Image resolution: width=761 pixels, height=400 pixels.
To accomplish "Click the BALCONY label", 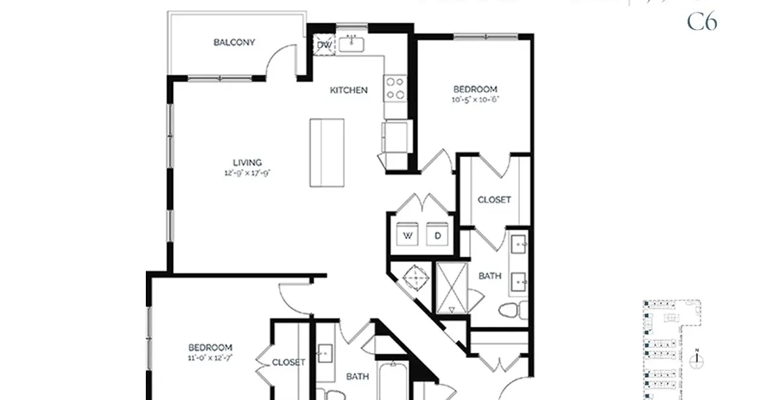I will pos(234,43).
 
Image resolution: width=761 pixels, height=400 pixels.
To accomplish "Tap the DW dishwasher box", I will pos(323,46).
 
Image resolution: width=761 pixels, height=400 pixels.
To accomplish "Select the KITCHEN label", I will pos(348,90).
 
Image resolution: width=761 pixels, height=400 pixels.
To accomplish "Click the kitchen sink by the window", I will pos(350,44).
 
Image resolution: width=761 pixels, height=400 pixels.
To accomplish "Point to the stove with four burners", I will pos(395,88).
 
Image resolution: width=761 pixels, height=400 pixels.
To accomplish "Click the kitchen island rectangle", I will pos(327,152).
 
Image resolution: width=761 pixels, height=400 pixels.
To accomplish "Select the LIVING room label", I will pos(247,163).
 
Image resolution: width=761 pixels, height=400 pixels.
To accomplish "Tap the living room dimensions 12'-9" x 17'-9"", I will pos(247,172).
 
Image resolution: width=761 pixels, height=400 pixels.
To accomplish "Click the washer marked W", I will pos(407,234).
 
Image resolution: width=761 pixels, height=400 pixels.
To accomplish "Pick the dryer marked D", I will pos(438,234).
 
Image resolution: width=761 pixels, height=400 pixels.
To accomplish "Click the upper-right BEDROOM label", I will pos(474,90).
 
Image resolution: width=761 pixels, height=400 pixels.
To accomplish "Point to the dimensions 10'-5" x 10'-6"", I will pos(474,100).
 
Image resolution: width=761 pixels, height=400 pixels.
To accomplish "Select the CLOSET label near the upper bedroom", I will pos(494,199).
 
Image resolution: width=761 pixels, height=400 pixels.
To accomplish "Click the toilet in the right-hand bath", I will pos(511,311).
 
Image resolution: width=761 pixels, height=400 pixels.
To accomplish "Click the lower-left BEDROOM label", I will pos(210,347).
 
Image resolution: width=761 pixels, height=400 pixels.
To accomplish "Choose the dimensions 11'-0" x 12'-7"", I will pos(210,357).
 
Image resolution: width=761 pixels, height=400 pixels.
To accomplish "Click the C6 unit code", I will pos(702,22).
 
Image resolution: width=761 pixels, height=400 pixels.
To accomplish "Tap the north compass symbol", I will pos(697,358).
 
